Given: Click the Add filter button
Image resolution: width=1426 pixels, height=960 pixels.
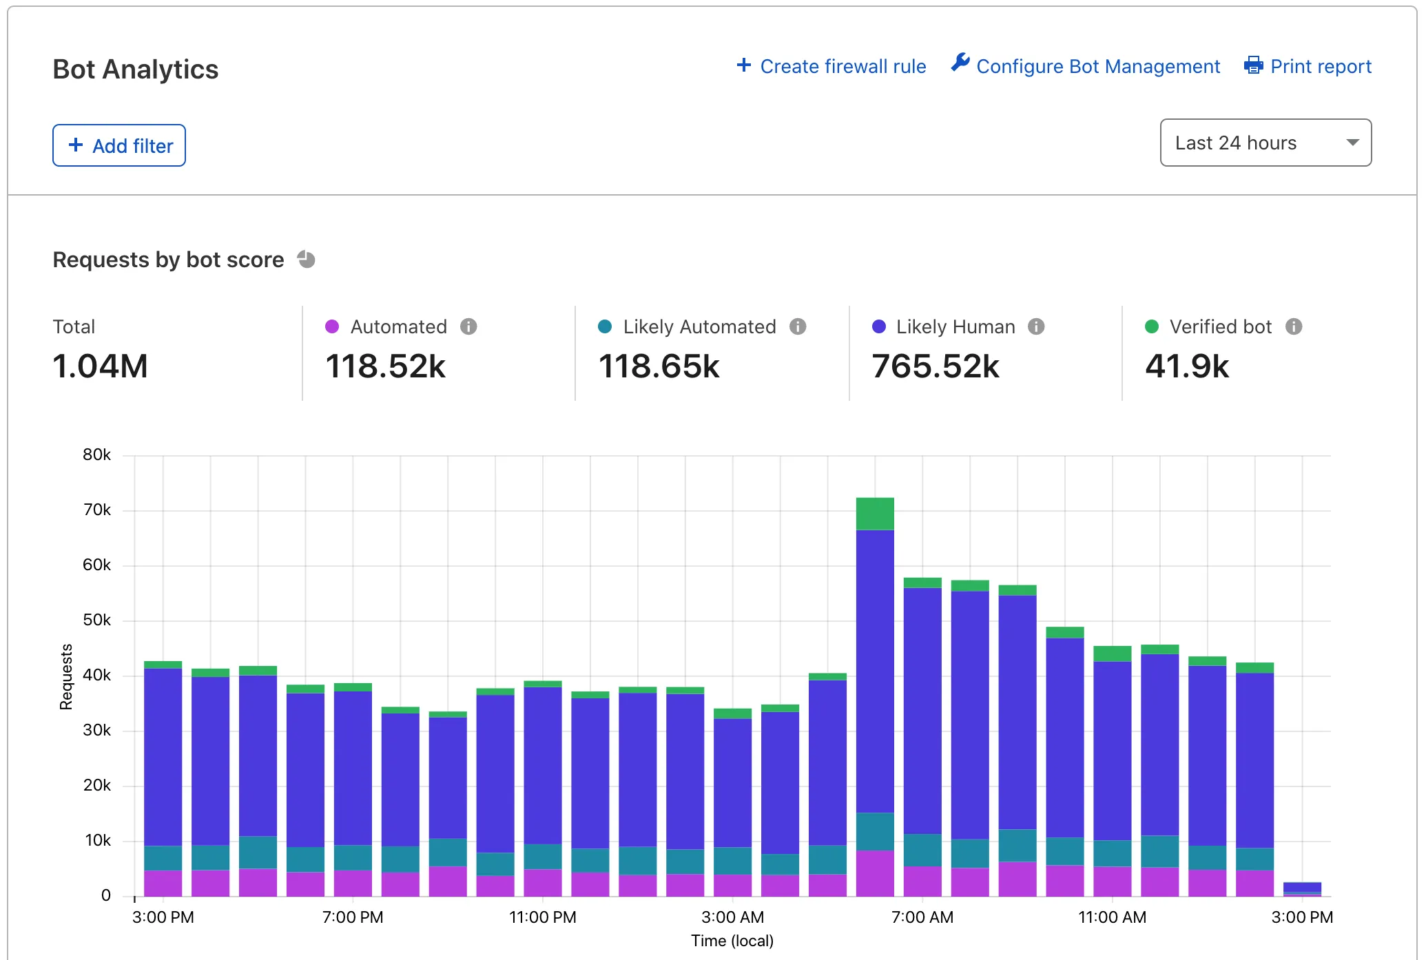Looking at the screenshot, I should [x=119, y=145].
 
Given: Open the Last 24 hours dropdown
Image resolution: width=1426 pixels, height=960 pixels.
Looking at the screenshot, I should [x=1265, y=143].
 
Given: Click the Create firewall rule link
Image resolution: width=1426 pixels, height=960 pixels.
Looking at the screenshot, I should [x=831, y=66].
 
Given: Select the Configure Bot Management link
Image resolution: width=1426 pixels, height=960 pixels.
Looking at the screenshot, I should [x=1086, y=66].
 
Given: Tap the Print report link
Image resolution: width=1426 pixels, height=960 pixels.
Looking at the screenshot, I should [x=1308, y=66].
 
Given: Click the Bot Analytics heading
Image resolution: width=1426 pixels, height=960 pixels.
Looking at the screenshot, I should [x=136, y=70].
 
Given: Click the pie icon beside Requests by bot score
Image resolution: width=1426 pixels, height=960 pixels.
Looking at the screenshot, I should [x=306, y=260].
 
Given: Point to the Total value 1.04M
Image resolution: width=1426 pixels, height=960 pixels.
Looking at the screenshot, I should [x=101, y=366].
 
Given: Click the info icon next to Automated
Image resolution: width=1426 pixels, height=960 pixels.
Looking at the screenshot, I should [x=468, y=326].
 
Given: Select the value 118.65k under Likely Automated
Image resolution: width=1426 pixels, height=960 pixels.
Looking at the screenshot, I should [x=659, y=366].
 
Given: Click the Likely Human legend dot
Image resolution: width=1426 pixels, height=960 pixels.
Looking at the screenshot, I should [x=878, y=326].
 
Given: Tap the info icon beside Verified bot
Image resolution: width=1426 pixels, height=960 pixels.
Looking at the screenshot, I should [x=1293, y=326].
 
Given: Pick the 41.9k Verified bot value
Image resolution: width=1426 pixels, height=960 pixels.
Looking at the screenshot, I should [x=1186, y=366].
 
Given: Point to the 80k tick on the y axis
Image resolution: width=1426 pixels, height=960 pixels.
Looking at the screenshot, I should [x=96, y=455].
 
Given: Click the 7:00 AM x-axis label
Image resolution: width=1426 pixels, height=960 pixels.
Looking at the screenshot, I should [x=922, y=917].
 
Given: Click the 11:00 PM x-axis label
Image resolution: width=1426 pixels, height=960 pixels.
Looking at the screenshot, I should [x=542, y=917].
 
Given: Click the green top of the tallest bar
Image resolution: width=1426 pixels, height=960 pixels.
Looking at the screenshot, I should [x=875, y=514].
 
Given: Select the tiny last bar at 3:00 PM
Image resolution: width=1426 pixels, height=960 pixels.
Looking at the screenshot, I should [x=1302, y=888].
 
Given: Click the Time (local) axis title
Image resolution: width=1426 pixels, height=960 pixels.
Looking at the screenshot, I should [x=732, y=941].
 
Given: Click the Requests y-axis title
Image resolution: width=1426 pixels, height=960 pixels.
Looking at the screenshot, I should [x=66, y=676].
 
